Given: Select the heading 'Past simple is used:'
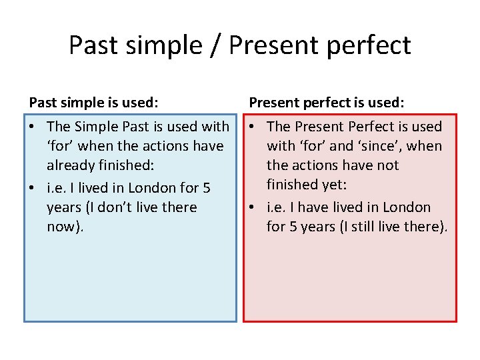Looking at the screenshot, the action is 94,103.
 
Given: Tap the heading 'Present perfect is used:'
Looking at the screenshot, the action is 327,103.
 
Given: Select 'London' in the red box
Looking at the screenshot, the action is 407,207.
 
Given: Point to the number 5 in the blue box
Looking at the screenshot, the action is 206,188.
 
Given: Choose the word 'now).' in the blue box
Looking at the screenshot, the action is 65,227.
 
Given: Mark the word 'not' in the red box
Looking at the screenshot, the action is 387,165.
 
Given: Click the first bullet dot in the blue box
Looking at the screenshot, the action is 32,127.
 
